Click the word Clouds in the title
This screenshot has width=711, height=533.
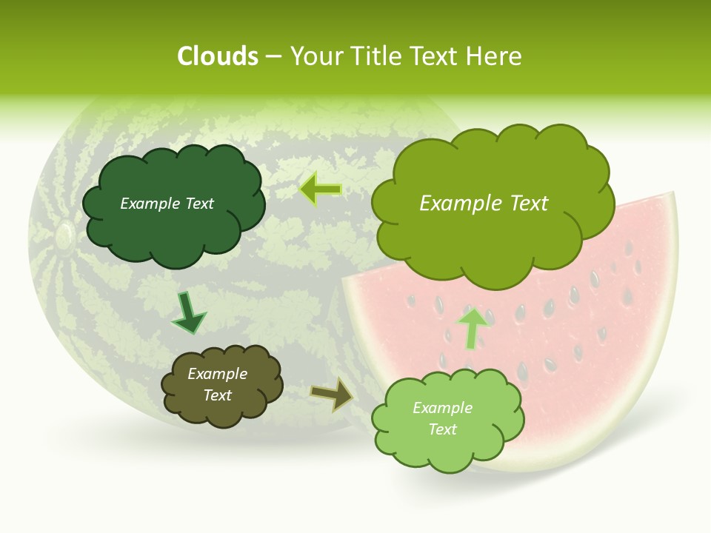pyautogui.click(x=218, y=56)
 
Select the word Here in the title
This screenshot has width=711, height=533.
pyautogui.click(x=496, y=56)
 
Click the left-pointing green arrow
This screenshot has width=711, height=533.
pyautogui.click(x=321, y=190)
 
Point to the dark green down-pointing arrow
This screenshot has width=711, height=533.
pyautogui.click(x=188, y=313)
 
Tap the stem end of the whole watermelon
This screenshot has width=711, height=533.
pyautogui.click(x=64, y=235)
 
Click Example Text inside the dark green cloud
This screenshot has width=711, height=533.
pyautogui.click(x=167, y=204)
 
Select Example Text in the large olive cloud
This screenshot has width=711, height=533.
pyautogui.click(x=484, y=204)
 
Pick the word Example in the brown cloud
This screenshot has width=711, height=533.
pyautogui.click(x=217, y=375)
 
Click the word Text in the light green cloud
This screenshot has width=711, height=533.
pyautogui.click(x=442, y=429)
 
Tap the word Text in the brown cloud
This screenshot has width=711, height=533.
pyautogui.click(x=217, y=395)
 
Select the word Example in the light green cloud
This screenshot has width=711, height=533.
pyautogui.click(x=442, y=408)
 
